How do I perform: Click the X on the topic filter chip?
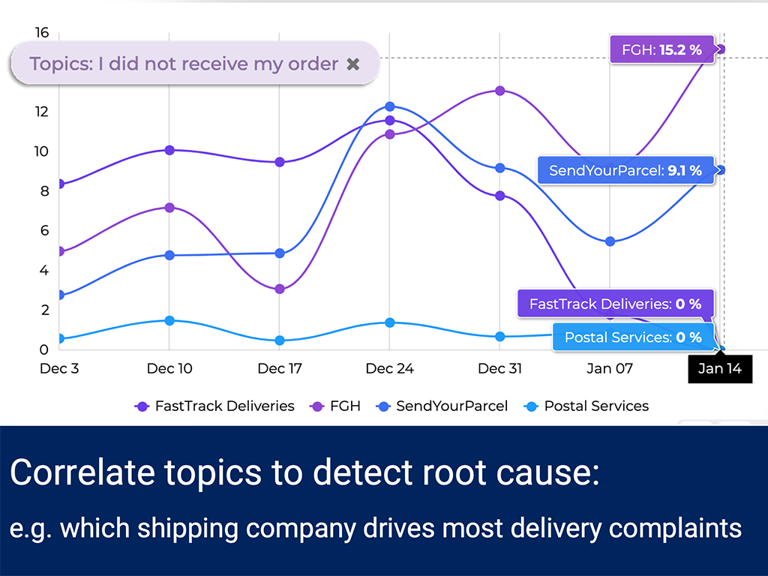click(353, 64)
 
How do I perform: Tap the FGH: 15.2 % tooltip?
click(657, 50)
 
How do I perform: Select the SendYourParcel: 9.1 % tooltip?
click(625, 171)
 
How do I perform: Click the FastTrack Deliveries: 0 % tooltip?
click(615, 304)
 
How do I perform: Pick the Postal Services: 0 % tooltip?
click(632, 337)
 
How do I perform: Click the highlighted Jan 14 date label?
click(719, 368)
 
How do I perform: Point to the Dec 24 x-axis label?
click(389, 368)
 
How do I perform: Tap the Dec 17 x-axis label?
click(280, 368)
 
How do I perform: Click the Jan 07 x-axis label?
click(610, 368)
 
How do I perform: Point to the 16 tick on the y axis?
click(42, 32)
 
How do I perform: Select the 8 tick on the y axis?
click(43, 190)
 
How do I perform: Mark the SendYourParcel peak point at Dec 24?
click(389, 107)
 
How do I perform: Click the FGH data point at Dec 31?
click(499, 91)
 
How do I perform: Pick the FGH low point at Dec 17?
click(280, 289)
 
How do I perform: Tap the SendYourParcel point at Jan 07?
click(610, 241)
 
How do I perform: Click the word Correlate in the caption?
click(74, 474)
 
